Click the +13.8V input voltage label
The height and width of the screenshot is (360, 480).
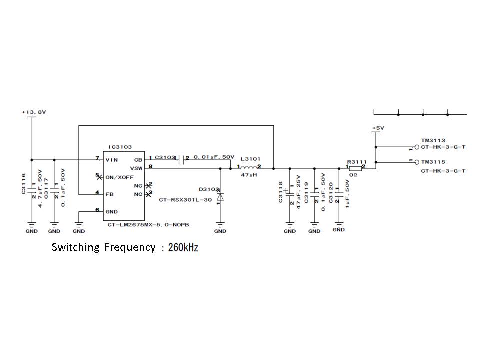[34, 112]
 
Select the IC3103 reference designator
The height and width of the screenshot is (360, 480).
[120, 147]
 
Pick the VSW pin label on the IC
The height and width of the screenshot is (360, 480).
[137, 168]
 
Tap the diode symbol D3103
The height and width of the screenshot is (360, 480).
[220, 197]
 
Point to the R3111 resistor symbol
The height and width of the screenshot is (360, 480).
[355, 168]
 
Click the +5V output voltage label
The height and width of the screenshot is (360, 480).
[378, 128]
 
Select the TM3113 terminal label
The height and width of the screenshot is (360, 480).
[433, 141]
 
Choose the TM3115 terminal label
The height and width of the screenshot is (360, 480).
[433, 162]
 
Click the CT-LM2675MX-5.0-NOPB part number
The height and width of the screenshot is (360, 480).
[148, 225]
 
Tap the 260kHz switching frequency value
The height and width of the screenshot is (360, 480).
[183, 247]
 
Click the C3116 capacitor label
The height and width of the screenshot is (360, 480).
[24, 185]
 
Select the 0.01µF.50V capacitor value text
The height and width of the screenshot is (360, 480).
[214, 157]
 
